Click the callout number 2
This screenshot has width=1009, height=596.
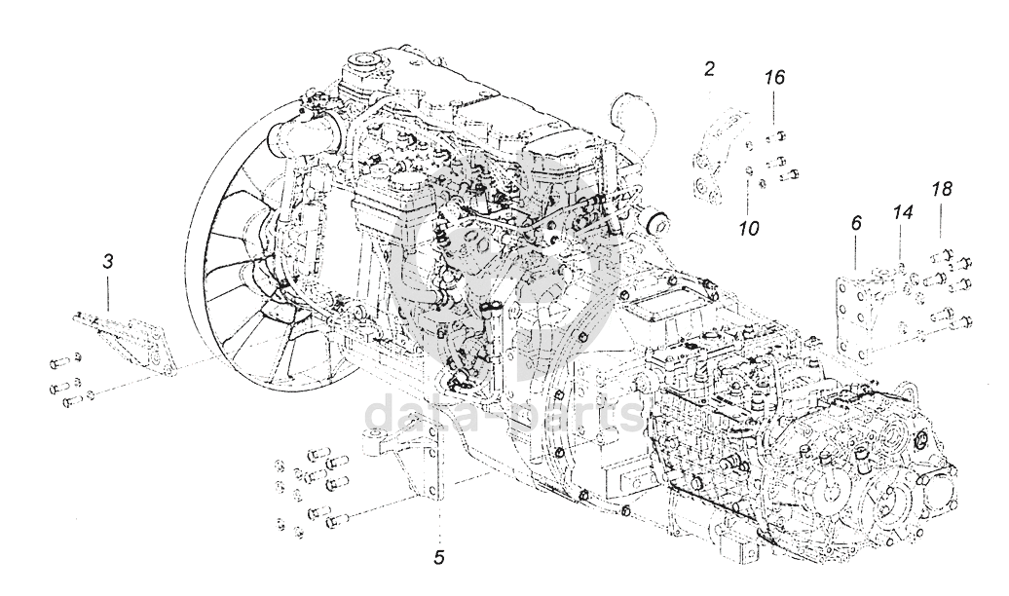[x=710, y=68]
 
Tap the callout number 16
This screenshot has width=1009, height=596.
[x=774, y=77]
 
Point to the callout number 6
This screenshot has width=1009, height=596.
[x=855, y=223]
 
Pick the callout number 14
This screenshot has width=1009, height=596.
[x=902, y=210]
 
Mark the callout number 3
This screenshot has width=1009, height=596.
[x=108, y=260]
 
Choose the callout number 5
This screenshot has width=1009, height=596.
[x=438, y=558]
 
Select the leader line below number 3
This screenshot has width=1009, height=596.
[x=108, y=292]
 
